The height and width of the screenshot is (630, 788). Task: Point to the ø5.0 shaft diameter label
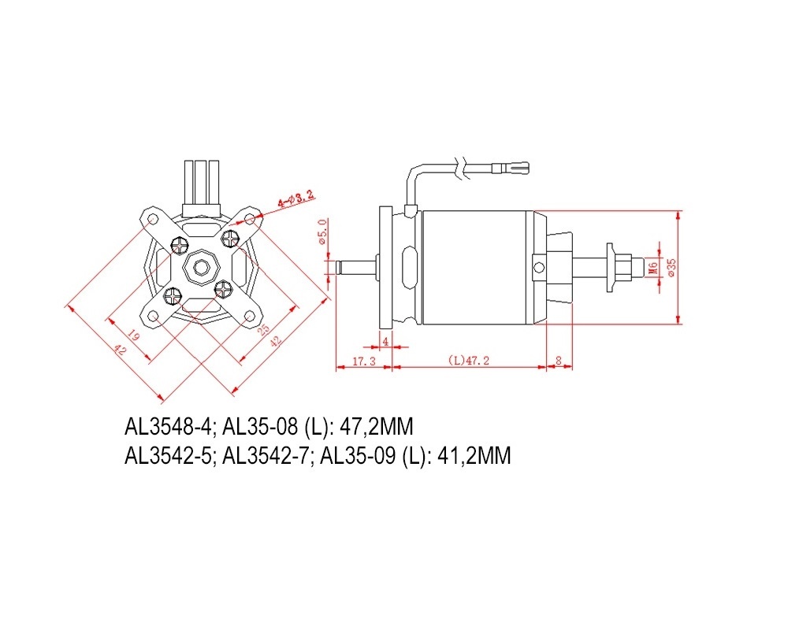pos(322,232)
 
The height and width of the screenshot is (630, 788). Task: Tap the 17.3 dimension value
pos(364,361)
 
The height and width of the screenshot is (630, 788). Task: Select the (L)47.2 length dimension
pos(468,361)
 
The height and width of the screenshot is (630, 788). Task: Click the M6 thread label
pos(652,267)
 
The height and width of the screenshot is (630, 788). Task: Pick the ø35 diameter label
pos(672,268)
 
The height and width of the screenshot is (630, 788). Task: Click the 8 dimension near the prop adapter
pos(559,361)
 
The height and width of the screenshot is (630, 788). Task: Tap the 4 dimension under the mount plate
pos(385,342)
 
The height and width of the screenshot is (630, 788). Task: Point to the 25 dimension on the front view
pos(263,329)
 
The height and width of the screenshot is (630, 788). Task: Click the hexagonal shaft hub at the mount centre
pos(202,267)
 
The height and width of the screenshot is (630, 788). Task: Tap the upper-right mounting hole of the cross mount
pos(249,219)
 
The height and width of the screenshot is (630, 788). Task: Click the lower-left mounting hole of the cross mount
pos(153,317)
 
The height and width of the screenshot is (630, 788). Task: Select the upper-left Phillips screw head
pos(180,245)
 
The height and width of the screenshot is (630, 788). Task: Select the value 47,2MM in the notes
pos(377,427)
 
